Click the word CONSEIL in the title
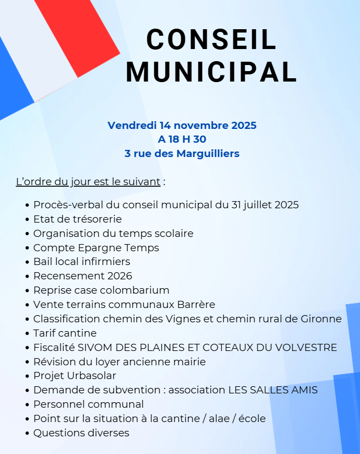211,40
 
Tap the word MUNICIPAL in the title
211,72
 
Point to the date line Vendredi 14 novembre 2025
182,125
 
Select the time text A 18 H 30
182,139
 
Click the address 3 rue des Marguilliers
182,154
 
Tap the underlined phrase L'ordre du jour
88,181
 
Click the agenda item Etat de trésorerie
78,219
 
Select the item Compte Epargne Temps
96,247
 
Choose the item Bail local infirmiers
81,262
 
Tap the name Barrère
197,305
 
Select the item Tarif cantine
65,333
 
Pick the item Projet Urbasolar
75,376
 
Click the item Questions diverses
81,433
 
